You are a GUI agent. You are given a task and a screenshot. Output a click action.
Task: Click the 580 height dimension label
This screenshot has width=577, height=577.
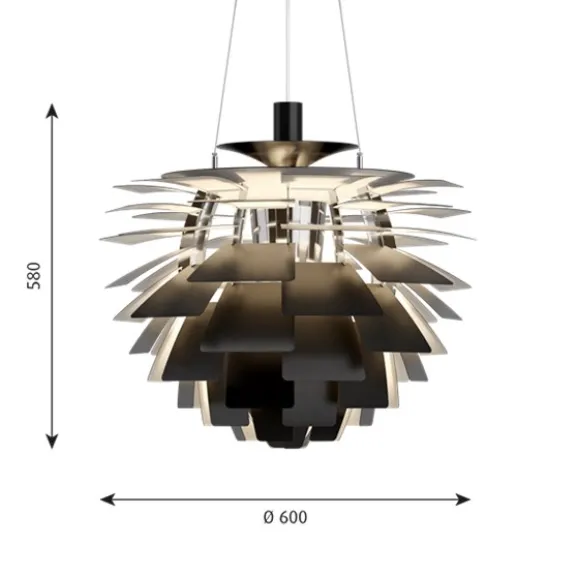coord(33,276)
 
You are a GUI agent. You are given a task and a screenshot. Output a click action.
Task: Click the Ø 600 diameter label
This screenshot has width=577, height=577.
coord(285,517)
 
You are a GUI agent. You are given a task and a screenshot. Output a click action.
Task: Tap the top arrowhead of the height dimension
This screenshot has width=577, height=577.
coord(52,111)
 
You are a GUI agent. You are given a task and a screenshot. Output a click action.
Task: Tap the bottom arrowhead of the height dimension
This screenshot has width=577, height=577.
coord(52,441)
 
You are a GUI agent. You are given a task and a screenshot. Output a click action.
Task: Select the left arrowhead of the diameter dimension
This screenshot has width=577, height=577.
coord(107,499)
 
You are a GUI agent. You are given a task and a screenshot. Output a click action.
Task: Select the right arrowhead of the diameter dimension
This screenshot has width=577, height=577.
coord(463,499)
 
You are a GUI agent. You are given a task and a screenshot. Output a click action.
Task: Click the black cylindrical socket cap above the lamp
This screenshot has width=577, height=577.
coord(288,121)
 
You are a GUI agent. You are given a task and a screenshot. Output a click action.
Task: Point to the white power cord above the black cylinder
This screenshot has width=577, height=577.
coord(287,51)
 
